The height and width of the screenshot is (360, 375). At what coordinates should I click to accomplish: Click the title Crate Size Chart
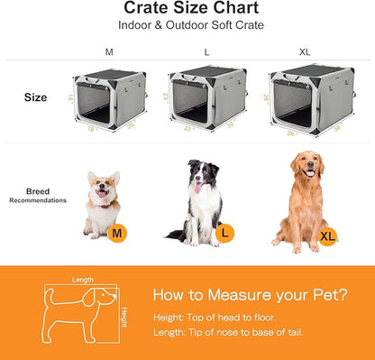[x=188, y=8]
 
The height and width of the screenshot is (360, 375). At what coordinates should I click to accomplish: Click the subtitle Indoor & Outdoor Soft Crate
[x=188, y=25]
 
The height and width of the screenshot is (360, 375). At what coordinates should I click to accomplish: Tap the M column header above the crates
[x=109, y=52]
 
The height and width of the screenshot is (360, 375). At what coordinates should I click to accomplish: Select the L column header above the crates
[x=206, y=52]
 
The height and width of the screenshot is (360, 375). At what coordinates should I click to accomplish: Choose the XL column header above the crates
[x=305, y=52]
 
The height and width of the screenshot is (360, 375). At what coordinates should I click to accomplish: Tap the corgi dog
[x=100, y=203]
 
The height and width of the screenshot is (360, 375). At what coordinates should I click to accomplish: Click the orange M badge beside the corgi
[x=115, y=235]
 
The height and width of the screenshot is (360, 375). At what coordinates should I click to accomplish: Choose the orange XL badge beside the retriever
[x=329, y=237]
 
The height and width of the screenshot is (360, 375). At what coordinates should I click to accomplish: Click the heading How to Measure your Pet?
[x=249, y=295]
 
